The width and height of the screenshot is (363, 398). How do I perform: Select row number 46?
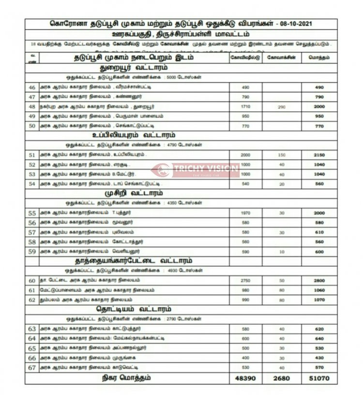32,87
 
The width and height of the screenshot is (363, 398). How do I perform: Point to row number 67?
32,368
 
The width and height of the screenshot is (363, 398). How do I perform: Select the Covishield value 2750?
245,280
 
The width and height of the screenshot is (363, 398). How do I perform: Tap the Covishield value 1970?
245,213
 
